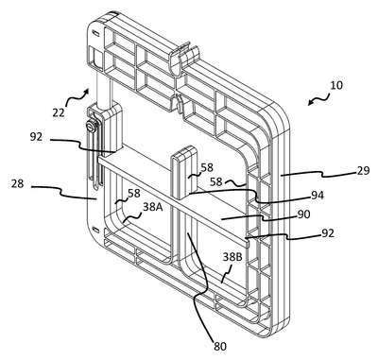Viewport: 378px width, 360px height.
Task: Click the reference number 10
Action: [x=336, y=85]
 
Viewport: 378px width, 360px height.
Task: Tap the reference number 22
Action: [x=59, y=112]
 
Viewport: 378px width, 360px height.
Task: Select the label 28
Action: [x=17, y=183]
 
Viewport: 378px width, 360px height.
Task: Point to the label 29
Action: [x=363, y=170]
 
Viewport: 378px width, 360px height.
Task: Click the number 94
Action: [x=317, y=196]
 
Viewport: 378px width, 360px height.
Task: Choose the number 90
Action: [x=303, y=214]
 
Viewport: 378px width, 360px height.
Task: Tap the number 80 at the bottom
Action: [x=220, y=346]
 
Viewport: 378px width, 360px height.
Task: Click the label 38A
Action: [x=153, y=207]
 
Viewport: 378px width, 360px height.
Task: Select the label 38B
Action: [x=232, y=257]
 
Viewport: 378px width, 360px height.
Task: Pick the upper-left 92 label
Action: [x=37, y=137]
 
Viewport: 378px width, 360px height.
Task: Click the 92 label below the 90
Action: [x=327, y=233]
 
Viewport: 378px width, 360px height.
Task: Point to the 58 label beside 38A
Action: [x=133, y=194]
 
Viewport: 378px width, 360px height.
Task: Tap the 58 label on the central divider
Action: [x=207, y=167]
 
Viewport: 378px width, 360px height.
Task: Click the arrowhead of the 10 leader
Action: [x=310, y=104]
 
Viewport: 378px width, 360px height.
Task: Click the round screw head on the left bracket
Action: [x=90, y=128]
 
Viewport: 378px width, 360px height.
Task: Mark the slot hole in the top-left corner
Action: [x=94, y=33]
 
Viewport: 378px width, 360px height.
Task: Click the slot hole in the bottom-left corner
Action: [x=95, y=228]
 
